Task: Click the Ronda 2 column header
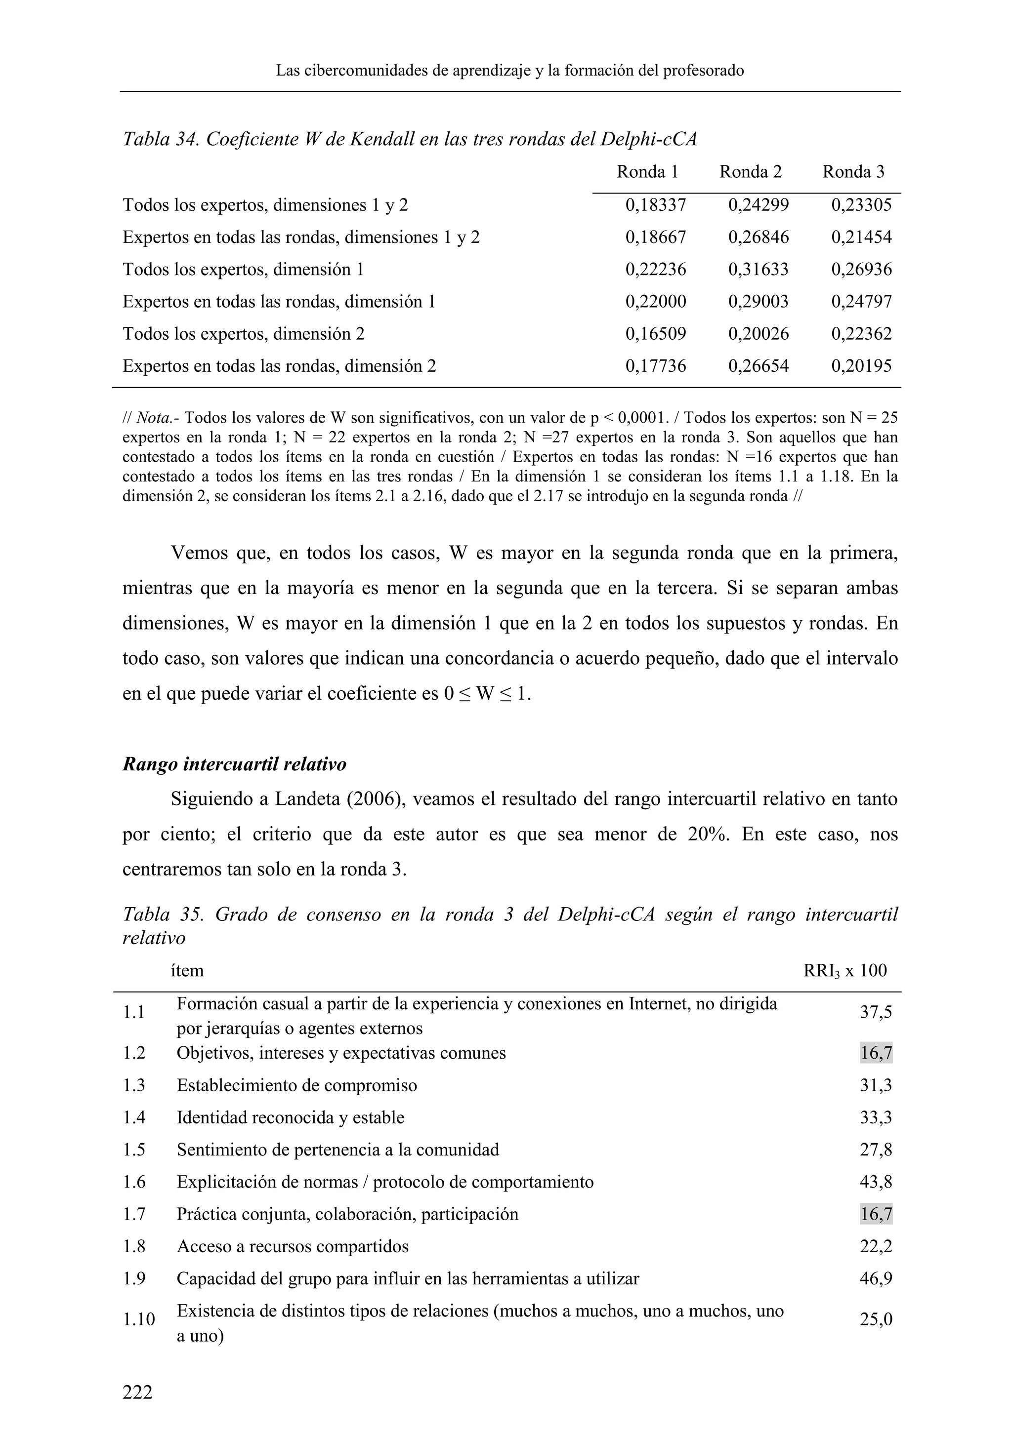(x=750, y=172)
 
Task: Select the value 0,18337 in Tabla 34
(x=656, y=205)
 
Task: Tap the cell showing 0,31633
(x=759, y=269)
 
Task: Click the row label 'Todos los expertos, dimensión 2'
(x=244, y=334)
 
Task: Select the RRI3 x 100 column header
(x=845, y=970)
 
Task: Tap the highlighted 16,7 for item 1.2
(x=876, y=1053)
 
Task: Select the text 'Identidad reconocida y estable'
(x=291, y=1117)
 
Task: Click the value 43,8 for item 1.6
(x=876, y=1182)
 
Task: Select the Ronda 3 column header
(x=853, y=172)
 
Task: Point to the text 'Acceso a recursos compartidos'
(x=293, y=1246)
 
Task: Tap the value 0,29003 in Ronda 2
(x=759, y=301)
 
